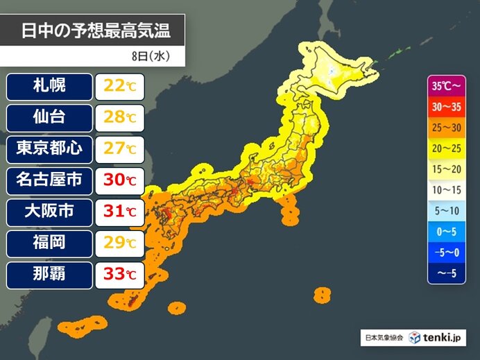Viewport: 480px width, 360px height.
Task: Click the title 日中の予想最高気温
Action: click(x=94, y=31)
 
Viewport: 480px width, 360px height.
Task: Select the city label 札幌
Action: click(x=49, y=87)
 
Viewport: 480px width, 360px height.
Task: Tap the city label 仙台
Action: click(x=49, y=117)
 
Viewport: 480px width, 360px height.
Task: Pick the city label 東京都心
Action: click(x=49, y=148)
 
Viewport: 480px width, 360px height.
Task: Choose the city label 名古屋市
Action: click(x=49, y=180)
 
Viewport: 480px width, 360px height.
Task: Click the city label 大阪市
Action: click(x=49, y=212)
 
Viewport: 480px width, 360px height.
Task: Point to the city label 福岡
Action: click(x=49, y=243)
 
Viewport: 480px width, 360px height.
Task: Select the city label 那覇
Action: click(x=49, y=274)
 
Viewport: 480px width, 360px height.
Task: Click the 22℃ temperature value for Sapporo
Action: click(x=120, y=87)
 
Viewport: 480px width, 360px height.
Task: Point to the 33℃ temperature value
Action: click(x=120, y=275)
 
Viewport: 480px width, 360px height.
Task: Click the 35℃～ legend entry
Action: click(x=446, y=88)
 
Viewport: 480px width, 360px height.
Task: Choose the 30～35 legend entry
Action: click(x=446, y=108)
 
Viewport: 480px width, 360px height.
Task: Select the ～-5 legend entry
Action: click(x=446, y=273)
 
